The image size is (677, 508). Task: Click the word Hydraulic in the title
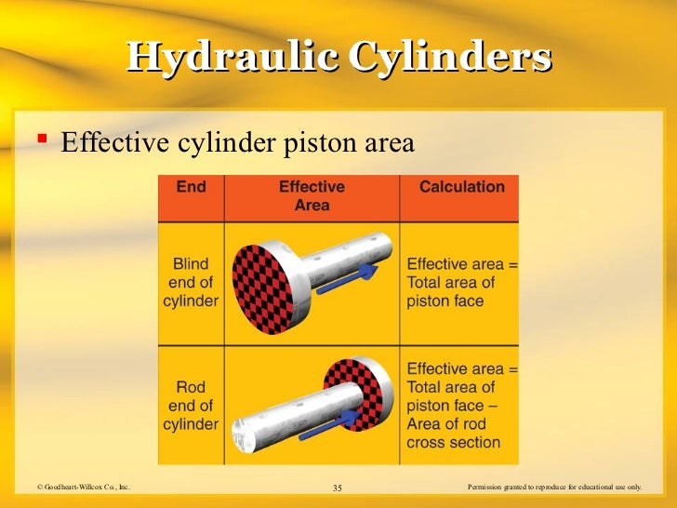pyautogui.click(x=232, y=57)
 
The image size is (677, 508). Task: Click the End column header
pyautogui.click(x=191, y=187)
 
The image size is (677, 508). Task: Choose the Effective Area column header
pyautogui.click(x=312, y=195)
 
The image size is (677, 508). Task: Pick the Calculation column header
pyautogui.click(x=461, y=187)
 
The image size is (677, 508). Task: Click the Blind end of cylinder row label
pyautogui.click(x=191, y=282)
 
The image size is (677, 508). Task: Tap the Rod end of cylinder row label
pyautogui.click(x=191, y=406)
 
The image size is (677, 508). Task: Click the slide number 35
pyautogui.click(x=337, y=488)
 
